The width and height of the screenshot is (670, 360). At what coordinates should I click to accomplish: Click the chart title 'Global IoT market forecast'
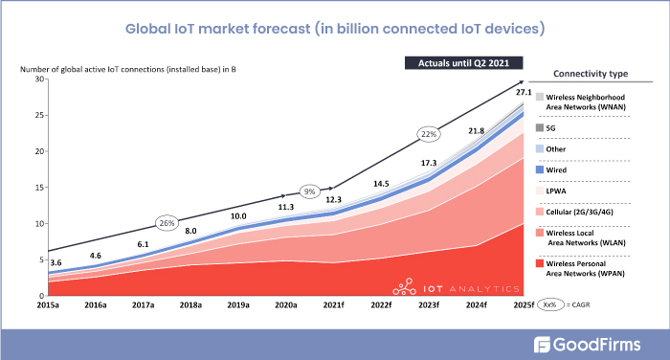pyautogui.click(x=334, y=28)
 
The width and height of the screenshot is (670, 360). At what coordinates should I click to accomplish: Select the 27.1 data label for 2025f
pyautogui.click(x=523, y=92)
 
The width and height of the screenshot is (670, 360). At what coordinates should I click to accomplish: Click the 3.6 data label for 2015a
pyautogui.click(x=56, y=262)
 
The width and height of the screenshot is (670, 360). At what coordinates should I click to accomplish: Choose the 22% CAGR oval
pyautogui.click(x=429, y=134)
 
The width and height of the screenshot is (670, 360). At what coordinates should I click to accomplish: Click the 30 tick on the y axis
pyautogui.click(x=40, y=79)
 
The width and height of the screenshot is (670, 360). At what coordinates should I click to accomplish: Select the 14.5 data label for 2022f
pyautogui.click(x=380, y=183)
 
